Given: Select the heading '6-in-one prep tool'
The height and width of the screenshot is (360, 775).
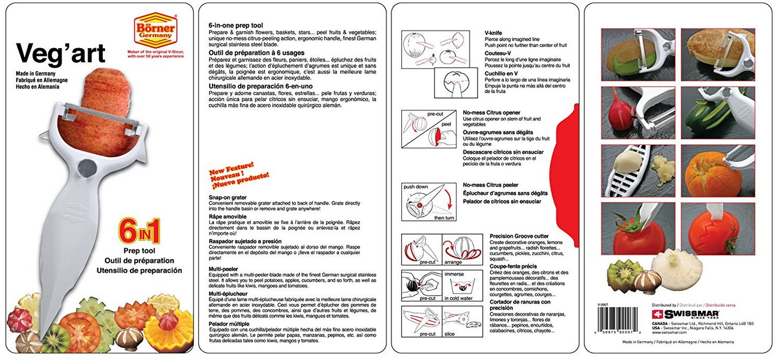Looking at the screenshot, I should point(235,25).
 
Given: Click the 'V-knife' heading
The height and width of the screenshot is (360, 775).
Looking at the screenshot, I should point(493,33).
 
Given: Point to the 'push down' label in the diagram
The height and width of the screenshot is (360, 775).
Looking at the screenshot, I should point(416,187).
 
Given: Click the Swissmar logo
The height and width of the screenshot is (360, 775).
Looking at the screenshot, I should point(685,314).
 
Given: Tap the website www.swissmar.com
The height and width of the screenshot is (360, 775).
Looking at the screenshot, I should point(666,332).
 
